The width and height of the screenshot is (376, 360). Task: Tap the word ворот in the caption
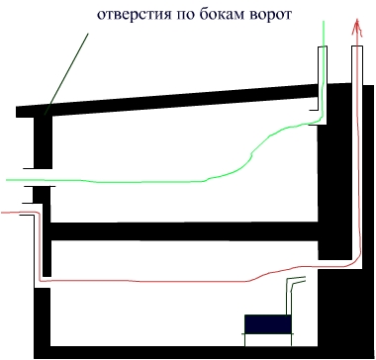(272, 16)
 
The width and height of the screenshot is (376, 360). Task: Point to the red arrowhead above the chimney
(357, 28)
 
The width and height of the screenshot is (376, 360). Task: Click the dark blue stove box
(268, 324)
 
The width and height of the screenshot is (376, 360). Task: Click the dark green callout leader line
(66, 73)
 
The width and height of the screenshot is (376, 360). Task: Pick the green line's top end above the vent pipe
(324, 21)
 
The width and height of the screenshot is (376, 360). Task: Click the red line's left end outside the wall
(2, 213)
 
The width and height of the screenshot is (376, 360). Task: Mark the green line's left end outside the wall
(7, 180)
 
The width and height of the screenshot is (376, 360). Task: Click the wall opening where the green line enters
(41, 178)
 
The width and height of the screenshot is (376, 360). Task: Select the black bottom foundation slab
(176, 352)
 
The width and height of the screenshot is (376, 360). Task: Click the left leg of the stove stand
(245, 340)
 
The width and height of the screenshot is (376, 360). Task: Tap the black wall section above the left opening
(43, 142)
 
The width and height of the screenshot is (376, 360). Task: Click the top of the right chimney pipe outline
(357, 46)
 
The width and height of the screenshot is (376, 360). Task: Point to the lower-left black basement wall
(43, 317)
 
